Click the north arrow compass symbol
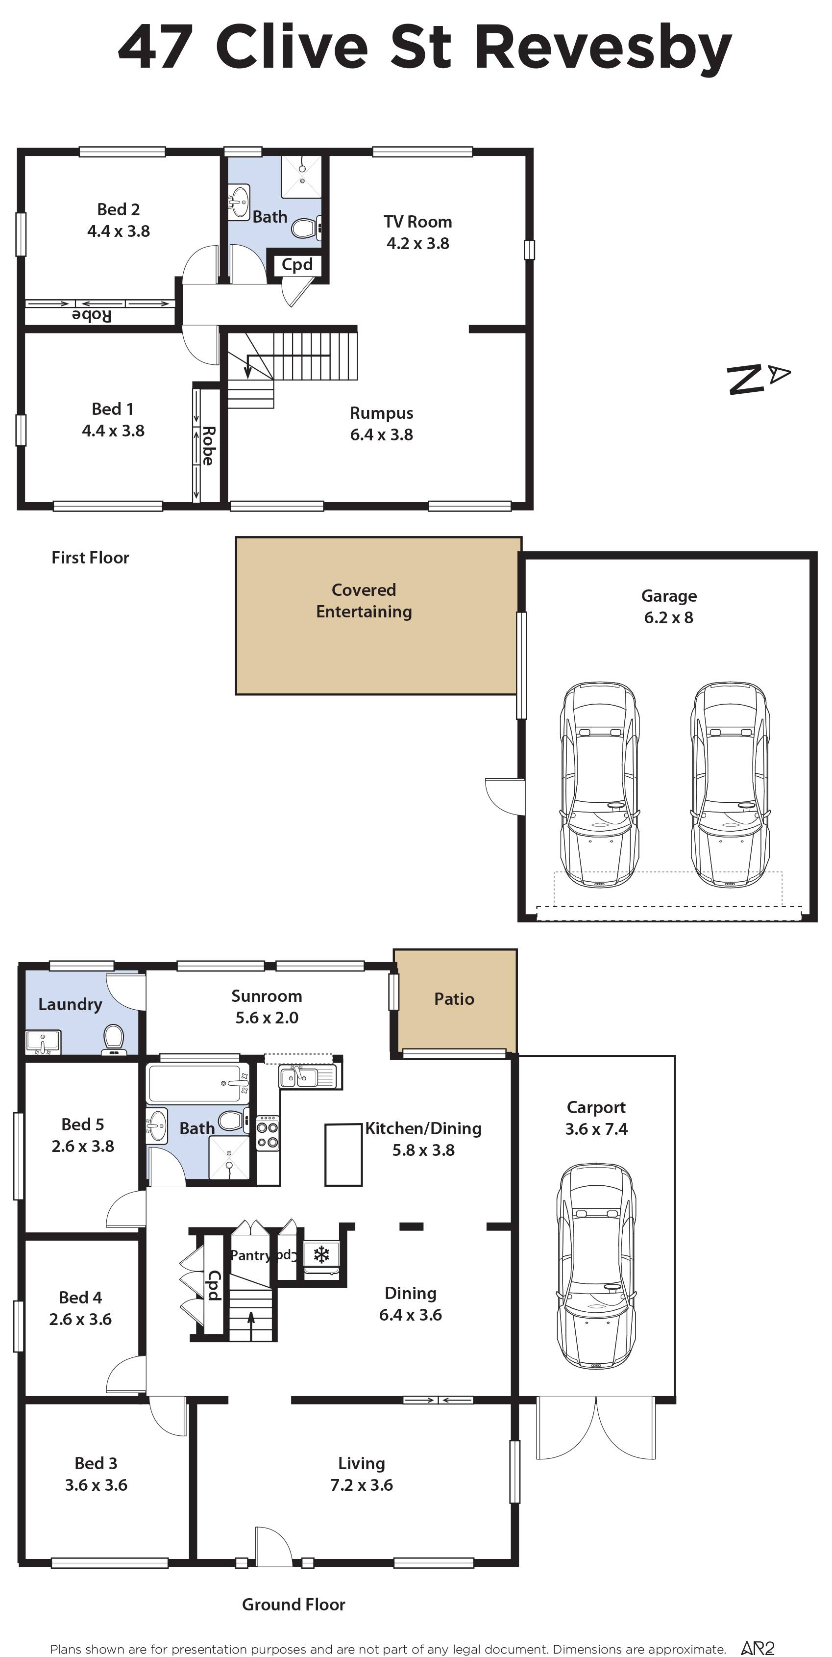[x=759, y=378]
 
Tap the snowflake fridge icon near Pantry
[x=321, y=1254]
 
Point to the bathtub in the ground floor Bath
[x=198, y=1083]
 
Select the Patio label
[x=454, y=999]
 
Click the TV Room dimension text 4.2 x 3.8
[x=418, y=243]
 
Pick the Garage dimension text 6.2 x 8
[x=669, y=617]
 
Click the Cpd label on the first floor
[x=297, y=264]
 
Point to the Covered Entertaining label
[x=364, y=601]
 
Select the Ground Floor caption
[x=294, y=1604]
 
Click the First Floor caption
[x=90, y=558]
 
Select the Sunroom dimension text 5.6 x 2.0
[x=267, y=1018]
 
